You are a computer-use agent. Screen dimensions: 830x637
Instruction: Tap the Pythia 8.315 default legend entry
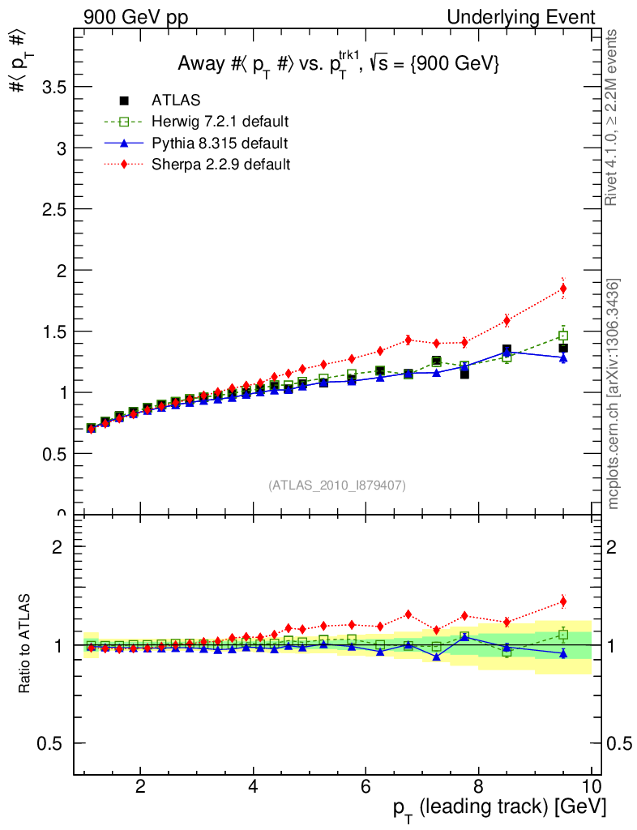click(x=219, y=143)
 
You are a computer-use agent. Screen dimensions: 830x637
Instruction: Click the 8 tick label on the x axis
click(x=478, y=786)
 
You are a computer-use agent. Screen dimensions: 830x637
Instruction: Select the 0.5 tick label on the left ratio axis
click(x=49, y=743)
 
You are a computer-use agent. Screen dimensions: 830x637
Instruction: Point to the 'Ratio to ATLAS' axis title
click(x=25, y=644)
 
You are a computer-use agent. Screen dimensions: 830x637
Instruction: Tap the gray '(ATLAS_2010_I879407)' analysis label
click(x=337, y=485)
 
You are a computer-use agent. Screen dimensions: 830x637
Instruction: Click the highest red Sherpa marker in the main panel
click(x=563, y=289)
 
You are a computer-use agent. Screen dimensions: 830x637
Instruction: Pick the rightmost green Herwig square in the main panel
click(x=563, y=336)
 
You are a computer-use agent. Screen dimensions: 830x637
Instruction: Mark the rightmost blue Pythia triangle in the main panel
click(x=563, y=357)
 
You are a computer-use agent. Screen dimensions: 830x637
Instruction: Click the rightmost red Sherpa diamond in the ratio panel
click(x=563, y=601)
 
